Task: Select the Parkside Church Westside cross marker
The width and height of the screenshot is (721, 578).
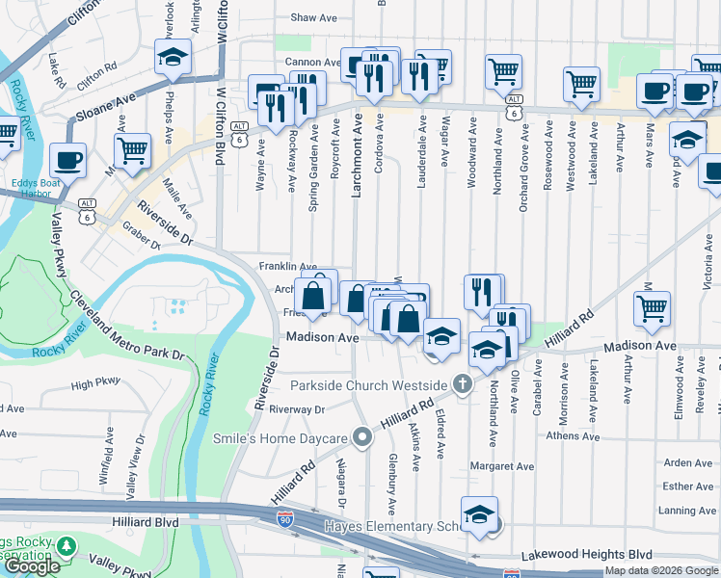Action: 463,385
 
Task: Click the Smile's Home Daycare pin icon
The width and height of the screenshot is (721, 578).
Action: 362,438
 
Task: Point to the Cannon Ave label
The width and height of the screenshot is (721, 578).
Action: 312,63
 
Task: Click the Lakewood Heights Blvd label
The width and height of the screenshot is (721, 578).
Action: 587,556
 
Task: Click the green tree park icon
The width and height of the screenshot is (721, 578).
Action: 66,548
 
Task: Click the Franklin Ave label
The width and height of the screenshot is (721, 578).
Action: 287,267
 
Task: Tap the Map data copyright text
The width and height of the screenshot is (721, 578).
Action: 661,570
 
